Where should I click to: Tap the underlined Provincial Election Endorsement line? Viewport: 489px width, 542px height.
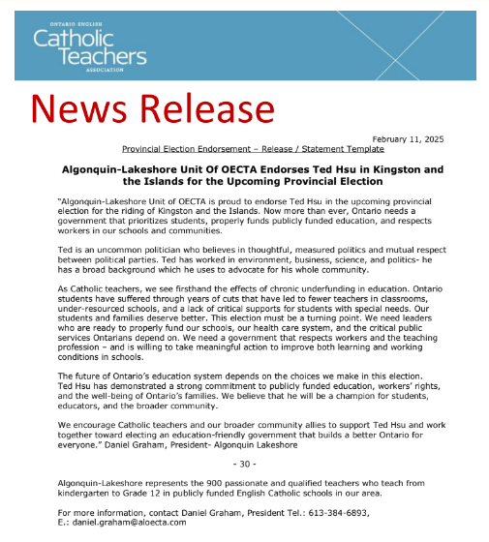point(253,149)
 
